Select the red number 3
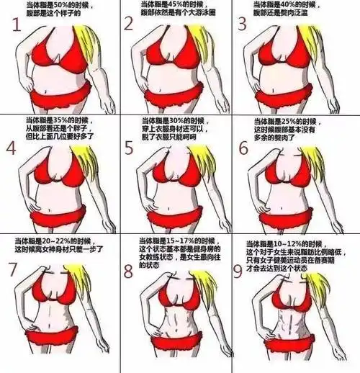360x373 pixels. (x=243, y=24)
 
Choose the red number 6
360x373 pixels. (x=243, y=148)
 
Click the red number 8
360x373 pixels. (x=129, y=271)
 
